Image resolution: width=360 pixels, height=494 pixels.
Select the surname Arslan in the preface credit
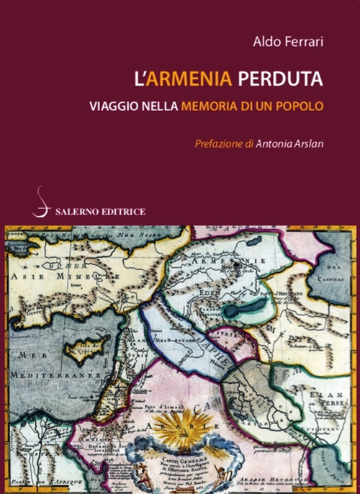pyautogui.click(x=307, y=143)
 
